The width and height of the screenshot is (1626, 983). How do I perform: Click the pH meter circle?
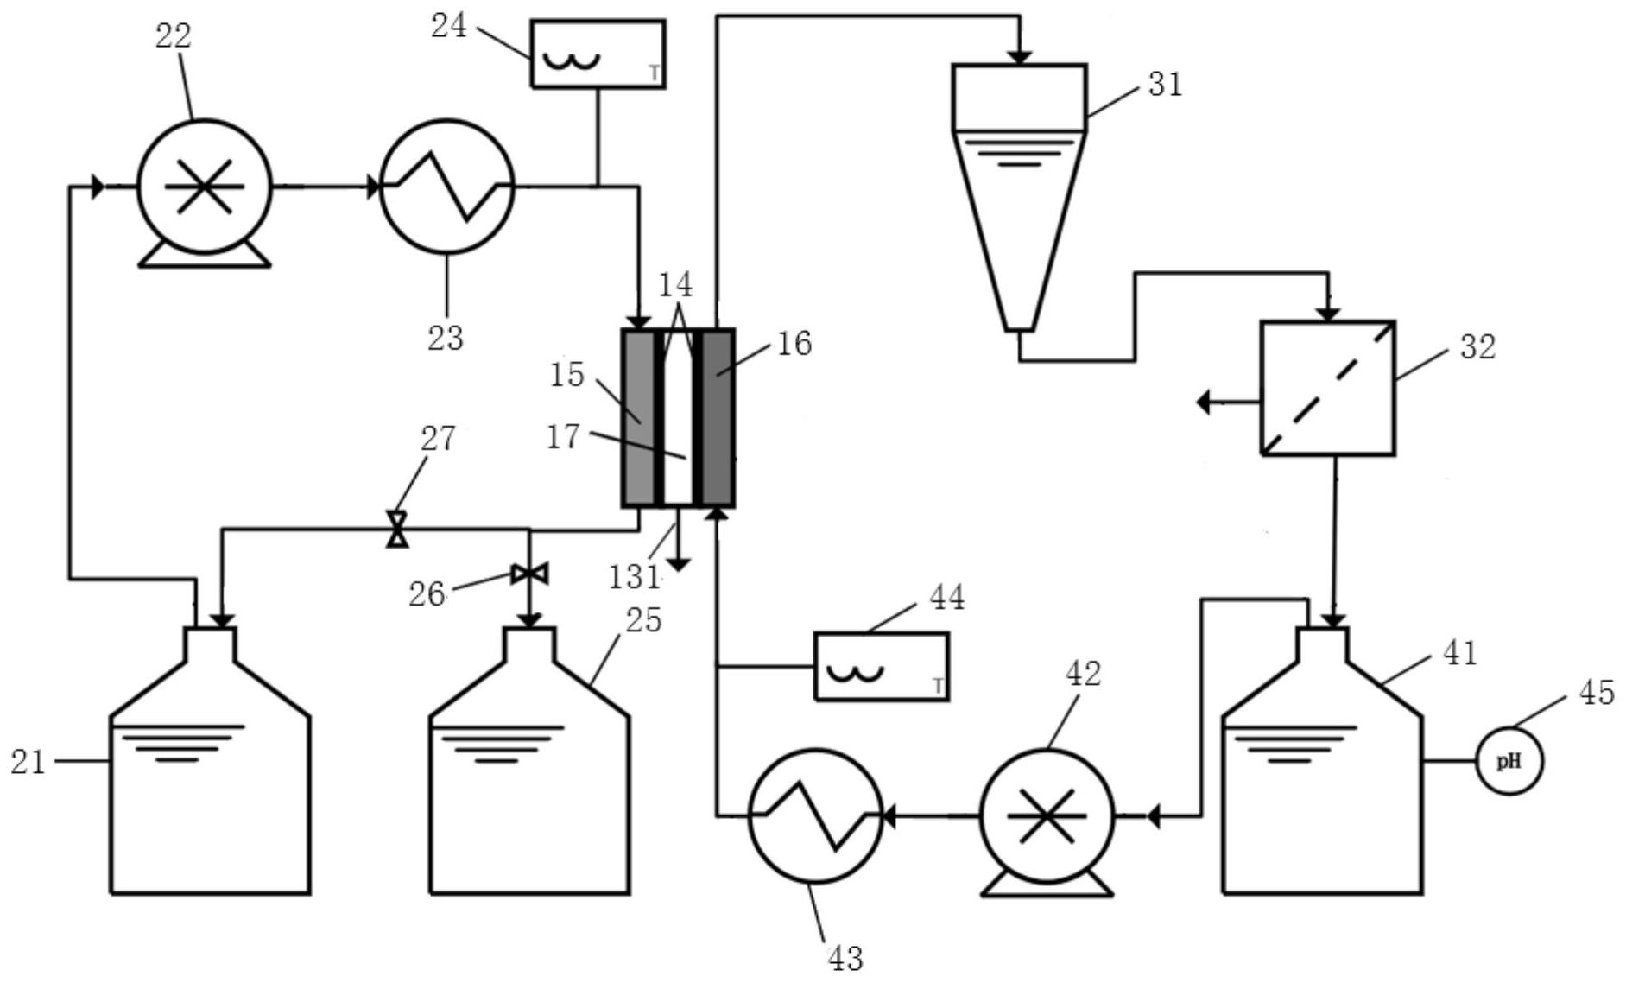point(1509,761)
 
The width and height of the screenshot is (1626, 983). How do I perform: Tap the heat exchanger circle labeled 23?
point(447,187)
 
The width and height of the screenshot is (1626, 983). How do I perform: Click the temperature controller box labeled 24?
point(598,54)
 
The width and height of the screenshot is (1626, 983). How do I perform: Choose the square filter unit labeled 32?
point(1327,388)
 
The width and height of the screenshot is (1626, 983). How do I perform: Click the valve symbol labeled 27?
point(397,529)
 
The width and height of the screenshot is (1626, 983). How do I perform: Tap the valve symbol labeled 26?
point(529,574)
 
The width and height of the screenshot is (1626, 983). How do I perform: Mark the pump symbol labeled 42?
point(1047,815)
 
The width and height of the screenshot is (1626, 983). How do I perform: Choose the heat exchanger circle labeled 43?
point(815,815)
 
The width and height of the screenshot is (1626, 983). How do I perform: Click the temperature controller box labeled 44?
point(882,666)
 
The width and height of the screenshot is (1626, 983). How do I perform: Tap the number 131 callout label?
point(635,576)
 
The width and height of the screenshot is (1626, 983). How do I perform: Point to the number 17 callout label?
point(564,437)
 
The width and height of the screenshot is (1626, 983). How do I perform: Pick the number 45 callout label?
point(1596,692)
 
